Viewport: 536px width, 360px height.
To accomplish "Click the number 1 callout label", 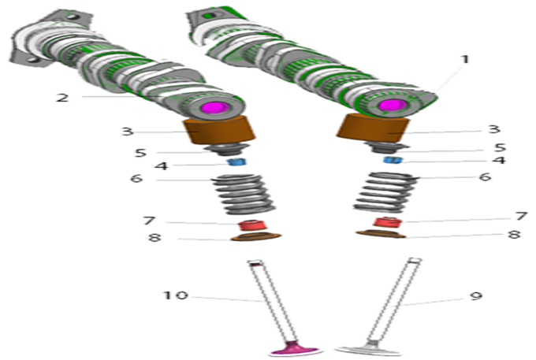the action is pos(464,59).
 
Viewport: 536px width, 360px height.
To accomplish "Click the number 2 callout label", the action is pos(62,98).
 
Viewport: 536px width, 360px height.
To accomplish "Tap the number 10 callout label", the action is pos(175,295).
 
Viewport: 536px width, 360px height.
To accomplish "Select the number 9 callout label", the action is pos(476,295).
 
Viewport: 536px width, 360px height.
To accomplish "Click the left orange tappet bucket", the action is pos(220,130).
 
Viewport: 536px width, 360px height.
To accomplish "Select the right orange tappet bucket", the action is pos(374,128).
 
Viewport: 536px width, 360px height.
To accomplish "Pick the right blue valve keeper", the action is pos(393,160).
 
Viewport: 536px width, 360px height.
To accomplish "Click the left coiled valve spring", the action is pos(244,194).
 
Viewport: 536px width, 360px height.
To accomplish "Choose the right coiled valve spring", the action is pos(385,192).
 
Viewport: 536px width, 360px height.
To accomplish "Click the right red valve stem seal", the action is pos(387,221).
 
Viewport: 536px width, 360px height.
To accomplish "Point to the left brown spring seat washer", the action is pos(256,236).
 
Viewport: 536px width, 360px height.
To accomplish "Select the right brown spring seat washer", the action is pos(381,234).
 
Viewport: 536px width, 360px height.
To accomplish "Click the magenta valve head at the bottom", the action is pos(294,349).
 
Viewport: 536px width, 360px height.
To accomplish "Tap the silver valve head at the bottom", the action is pos(369,350).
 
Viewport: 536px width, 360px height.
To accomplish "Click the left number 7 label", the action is pos(149,221).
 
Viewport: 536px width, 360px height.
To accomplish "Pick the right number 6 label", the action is pos(485,176).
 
